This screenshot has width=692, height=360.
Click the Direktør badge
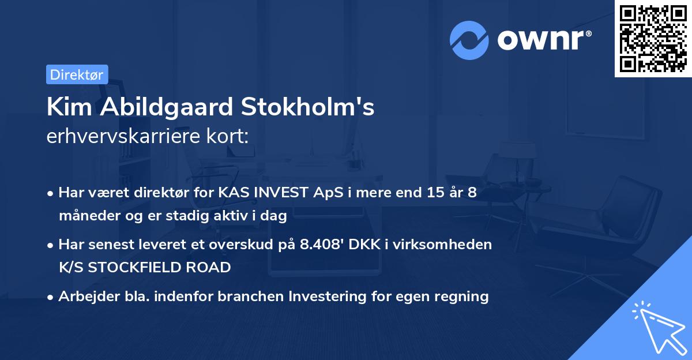tap(77, 74)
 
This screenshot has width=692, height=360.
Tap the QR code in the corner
tap(653, 38)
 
